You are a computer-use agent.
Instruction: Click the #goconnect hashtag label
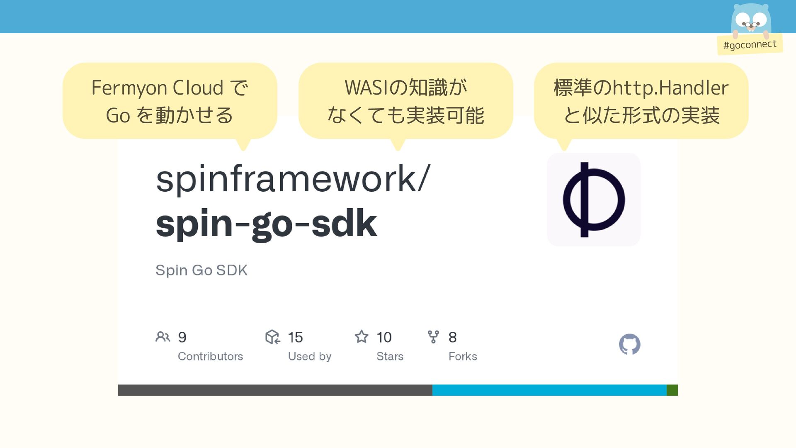pyautogui.click(x=750, y=44)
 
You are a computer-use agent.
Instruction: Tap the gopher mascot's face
pyautogui.click(x=751, y=20)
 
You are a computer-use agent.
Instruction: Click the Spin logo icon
pyautogui.click(x=594, y=200)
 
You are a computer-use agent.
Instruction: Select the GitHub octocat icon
pyautogui.click(x=629, y=344)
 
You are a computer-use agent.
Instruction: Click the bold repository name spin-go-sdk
pyautogui.click(x=266, y=224)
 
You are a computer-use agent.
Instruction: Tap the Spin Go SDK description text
pyautogui.click(x=201, y=270)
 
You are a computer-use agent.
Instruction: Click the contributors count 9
pyautogui.click(x=182, y=337)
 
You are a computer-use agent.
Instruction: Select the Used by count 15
pyautogui.click(x=295, y=337)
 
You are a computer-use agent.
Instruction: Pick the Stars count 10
pyautogui.click(x=384, y=337)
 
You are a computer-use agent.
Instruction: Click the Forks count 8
pyautogui.click(x=452, y=337)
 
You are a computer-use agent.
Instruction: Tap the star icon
pyautogui.click(x=362, y=336)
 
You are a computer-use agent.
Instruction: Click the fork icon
pyautogui.click(x=433, y=336)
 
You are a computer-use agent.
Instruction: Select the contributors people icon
pyautogui.click(x=163, y=336)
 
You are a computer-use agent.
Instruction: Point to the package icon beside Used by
pyautogui.click(x=272, y=337)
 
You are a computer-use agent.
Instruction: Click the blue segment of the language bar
pyautogui.click(x=549, y=390)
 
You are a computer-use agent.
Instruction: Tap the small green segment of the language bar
pyautogui.click(x=672, y=390)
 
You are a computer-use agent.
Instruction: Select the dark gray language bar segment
pyautogui.click(x=275, y=390)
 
